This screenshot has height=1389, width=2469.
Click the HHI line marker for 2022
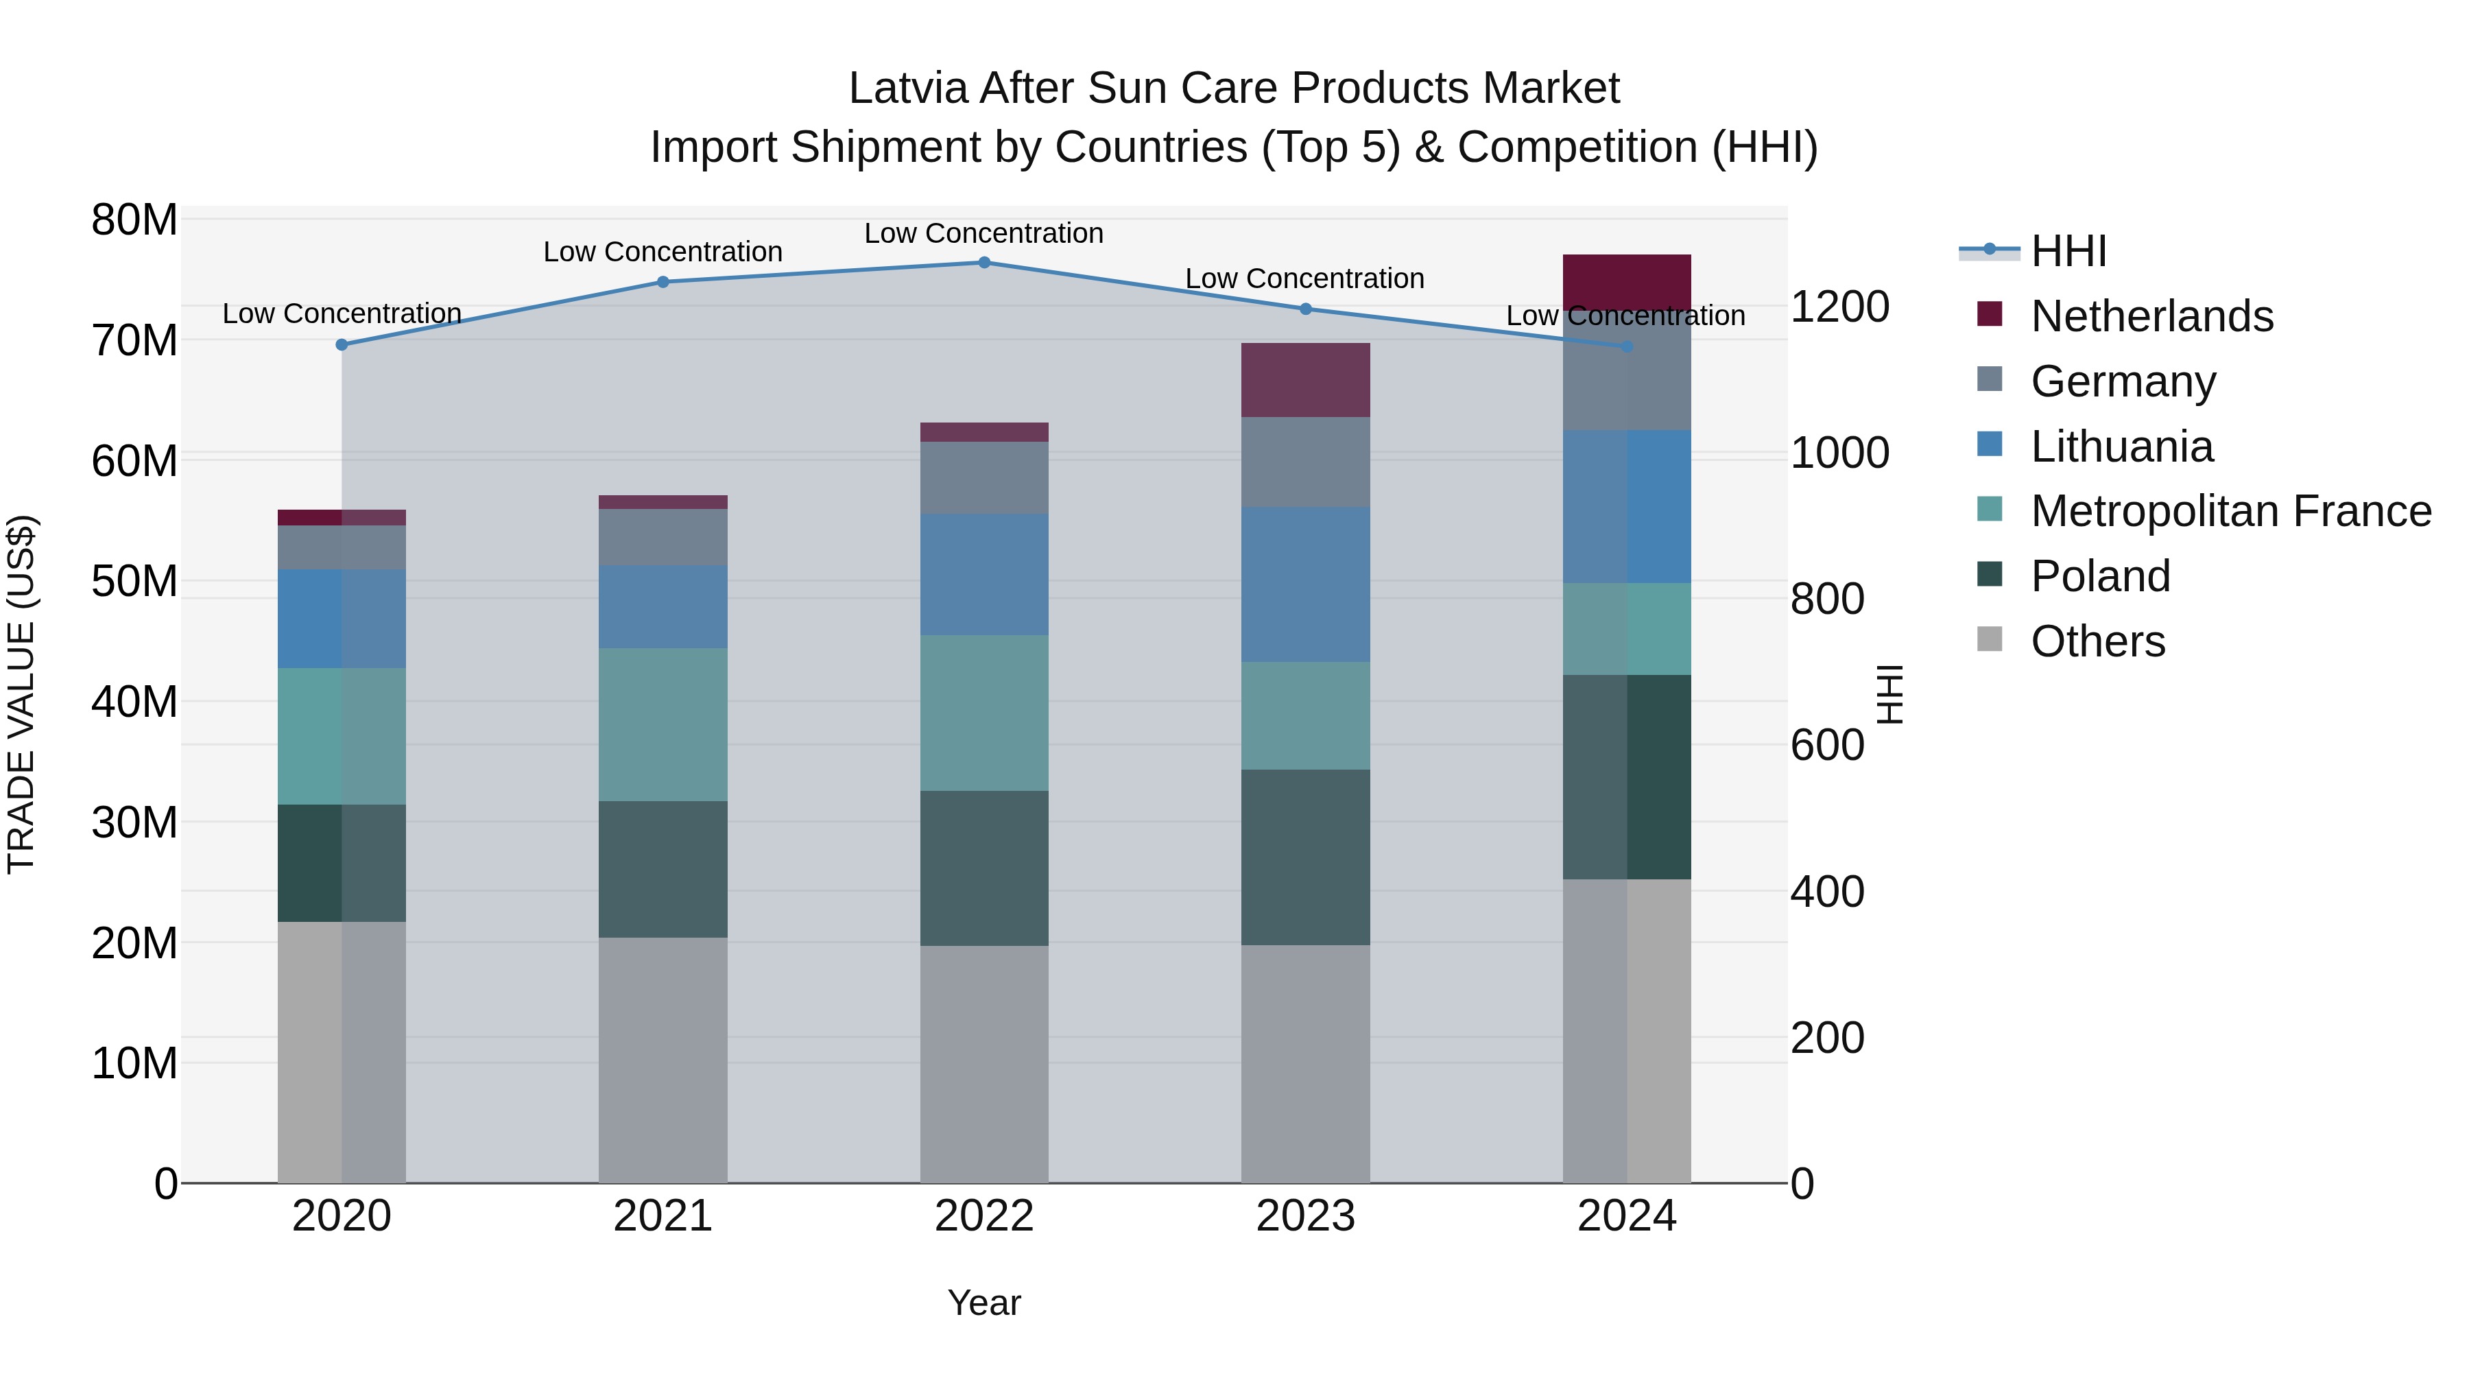(983, 262)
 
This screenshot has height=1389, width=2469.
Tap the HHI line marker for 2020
(342, 344)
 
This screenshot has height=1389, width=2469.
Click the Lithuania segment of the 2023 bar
(1304, 584)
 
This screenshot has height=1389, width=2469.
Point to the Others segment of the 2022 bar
(983, 1063)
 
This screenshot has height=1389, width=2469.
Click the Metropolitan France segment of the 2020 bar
(342, 735)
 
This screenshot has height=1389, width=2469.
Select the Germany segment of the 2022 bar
(983, 477)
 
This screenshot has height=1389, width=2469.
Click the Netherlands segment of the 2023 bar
(1304, 379)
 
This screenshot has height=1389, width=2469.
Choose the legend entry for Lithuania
(2121, 447)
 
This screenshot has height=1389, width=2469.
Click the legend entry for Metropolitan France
(2230, 511)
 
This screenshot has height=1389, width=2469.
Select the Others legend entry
(2097, 641)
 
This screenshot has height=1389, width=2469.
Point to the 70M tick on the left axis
(134, 340)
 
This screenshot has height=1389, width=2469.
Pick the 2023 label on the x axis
(1304, 1216)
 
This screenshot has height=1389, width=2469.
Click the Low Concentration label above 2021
(663, 252)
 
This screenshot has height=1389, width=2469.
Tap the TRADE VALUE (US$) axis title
(21, 694)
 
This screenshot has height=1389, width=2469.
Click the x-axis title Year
(983, 1303)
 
